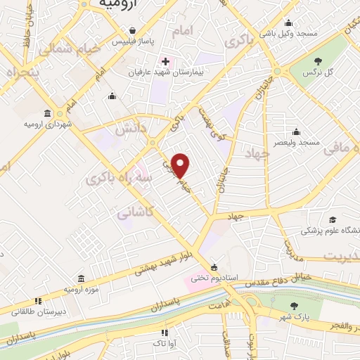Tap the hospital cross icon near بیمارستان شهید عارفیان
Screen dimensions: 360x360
165,61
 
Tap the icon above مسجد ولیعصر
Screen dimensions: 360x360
297,131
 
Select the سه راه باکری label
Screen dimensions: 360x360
109,179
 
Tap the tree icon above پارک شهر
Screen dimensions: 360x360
293,304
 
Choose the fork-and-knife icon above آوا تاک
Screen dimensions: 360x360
164,333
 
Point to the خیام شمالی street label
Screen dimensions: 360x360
59,49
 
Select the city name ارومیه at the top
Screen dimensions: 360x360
116,5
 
